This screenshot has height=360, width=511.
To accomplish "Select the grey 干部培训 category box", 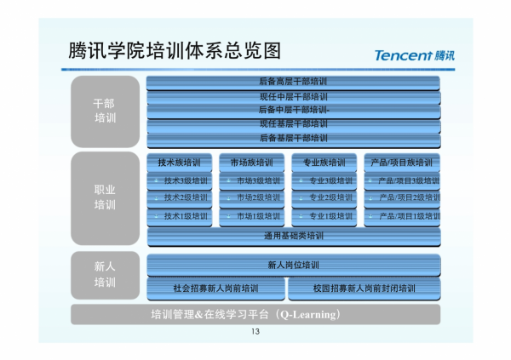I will [105, 111].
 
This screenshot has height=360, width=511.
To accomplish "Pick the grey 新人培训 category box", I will [105, 275].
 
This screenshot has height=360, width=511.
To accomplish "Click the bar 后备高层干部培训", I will [293, 83].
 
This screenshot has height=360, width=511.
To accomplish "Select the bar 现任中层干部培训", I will [293, 97].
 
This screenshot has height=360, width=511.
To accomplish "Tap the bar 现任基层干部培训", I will [293, 124].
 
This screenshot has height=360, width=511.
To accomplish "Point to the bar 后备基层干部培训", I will [293, 138].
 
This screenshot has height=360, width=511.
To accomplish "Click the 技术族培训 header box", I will [180, 163].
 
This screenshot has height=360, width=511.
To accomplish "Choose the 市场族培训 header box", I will [251, 163].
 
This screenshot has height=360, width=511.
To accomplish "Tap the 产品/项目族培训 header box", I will [401, 163].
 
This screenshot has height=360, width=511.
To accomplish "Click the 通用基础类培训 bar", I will [293, 236].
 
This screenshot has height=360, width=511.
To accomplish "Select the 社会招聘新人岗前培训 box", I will [215, 289].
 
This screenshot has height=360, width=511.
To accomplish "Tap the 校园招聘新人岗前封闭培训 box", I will [364, 289].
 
